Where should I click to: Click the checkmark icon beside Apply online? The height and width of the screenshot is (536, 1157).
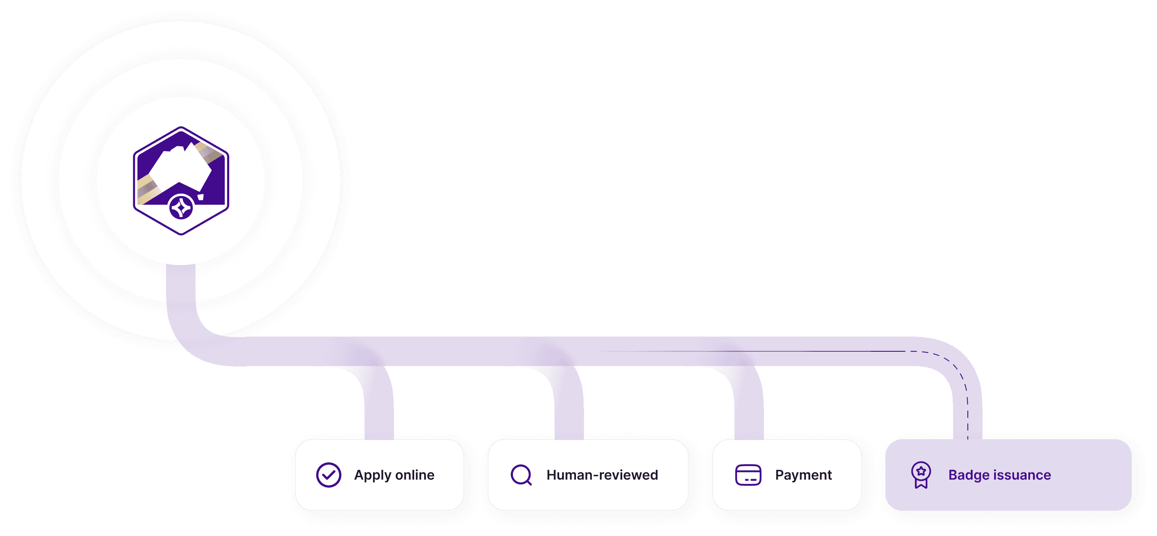click(328, 475)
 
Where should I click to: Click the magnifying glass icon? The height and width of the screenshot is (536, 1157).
click(521, 475)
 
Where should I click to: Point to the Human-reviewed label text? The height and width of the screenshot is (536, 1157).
click(602, 475)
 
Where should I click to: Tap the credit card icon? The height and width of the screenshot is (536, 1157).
click(748, 475)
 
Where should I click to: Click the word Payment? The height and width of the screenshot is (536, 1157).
click(803, 475)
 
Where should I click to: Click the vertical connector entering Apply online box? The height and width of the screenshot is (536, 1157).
click(379, 413)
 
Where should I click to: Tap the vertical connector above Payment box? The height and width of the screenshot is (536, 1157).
click(749, 413)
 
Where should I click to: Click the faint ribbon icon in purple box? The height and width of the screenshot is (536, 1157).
click(921, 475)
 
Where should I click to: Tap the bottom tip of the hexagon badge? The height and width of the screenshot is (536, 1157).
click(181, 233)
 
